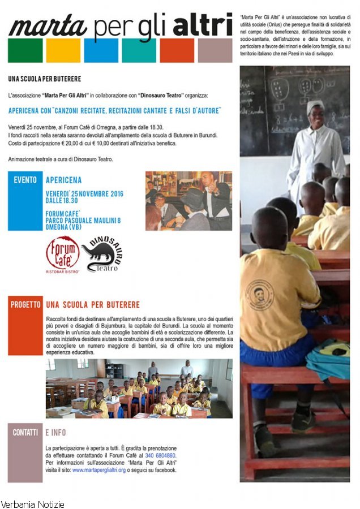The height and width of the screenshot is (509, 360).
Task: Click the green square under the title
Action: pyautogui.click(x=25, y=50)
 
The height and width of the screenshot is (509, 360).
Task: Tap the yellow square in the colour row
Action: pyautogui.click(x=63, y=50)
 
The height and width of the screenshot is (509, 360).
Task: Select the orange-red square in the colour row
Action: pyautogui.click(x=177, y=50)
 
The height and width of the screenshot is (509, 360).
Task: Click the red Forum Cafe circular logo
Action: pyautogui.click(x=62, y=254)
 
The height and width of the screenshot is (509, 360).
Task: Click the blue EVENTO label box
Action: pyautogui.click(x=25, y=201)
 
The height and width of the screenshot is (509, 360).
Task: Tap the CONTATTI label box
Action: pyautogui.click(x=25, y=452)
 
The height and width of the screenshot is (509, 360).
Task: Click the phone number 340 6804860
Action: pyautogui.click(x=161, y=455)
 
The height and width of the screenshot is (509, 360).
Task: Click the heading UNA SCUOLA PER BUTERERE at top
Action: pyautogui.click(x=45, y=79)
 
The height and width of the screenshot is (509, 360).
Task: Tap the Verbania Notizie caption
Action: pyautogui.click(x=33, y=504)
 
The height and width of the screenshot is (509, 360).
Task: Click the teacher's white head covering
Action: pyautogui.click(x=315, y=105)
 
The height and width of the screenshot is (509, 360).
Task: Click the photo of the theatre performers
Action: pyautogui.click(x=188, y=201)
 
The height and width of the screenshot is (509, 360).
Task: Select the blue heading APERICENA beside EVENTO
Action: pyautogui.click(x=63, y=180)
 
